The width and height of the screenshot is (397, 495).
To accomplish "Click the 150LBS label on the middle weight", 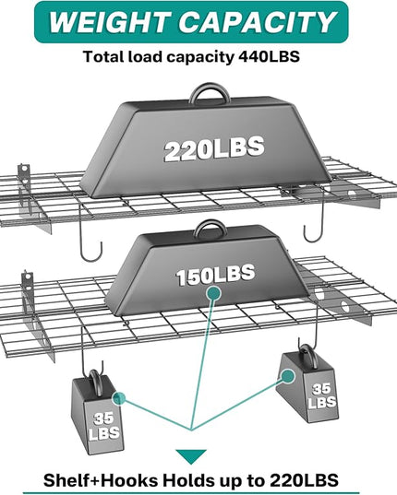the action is coord(215,276).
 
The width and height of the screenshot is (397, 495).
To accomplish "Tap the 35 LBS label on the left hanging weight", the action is coord(104,426).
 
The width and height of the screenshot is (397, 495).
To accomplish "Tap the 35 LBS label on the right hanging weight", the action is coord(321,395).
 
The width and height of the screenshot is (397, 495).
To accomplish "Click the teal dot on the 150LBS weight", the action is coord(213,293).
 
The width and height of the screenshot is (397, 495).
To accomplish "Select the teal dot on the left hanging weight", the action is coord(119,398).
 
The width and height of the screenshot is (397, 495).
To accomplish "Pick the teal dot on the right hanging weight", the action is coord(288,376).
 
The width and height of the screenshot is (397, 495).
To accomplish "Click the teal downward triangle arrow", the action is coord(191,456).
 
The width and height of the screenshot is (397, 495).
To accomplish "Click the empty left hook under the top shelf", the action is coord(90,250).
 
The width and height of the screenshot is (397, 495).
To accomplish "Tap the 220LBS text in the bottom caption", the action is coord(304,480).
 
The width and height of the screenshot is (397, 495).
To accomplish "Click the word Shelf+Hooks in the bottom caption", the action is coord(101,480).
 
